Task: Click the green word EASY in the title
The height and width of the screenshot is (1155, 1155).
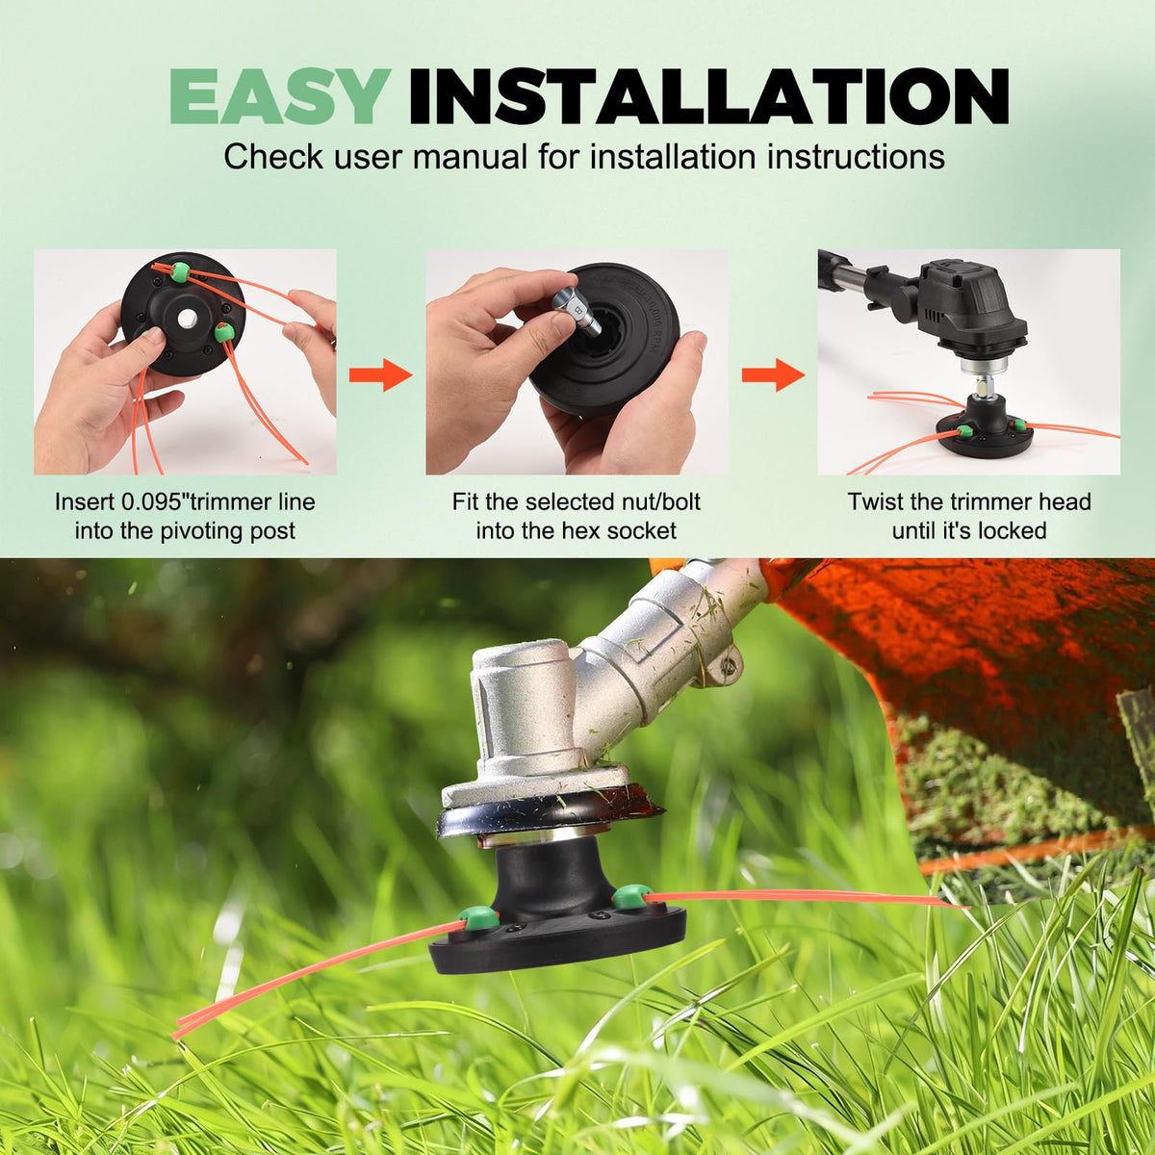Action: click(280, 96)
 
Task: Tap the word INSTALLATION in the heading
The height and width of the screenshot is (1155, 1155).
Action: click(708, 96)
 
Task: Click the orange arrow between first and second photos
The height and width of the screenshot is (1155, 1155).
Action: click(381, 375)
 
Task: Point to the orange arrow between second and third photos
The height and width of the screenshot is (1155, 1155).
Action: click(773, 375)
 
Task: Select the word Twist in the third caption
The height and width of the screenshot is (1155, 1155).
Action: click(876, 501)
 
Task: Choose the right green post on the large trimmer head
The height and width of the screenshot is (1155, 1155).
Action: click(630, 898)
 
